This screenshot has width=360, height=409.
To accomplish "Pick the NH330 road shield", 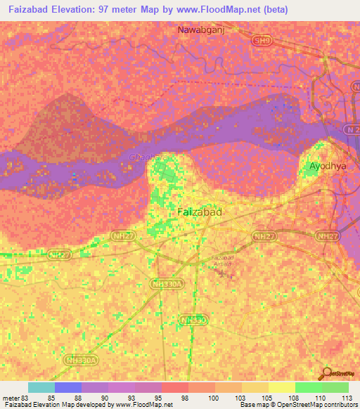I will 193,320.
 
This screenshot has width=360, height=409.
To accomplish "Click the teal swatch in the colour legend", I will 41,387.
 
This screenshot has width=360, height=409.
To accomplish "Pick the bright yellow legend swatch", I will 281,387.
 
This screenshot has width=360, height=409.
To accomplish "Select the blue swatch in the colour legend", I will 68,387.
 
